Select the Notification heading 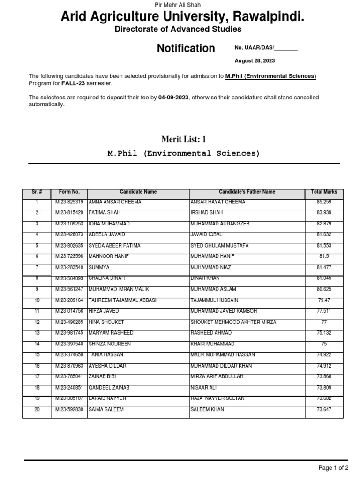coord(186,48)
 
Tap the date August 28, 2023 coord(255,61)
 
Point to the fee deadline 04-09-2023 coord(173,97)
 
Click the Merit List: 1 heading coord(184,139)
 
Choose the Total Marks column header coord(324,192)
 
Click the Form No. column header coord(69,192)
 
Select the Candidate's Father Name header coord(247,192)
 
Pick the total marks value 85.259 coord(324,202)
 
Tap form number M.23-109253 coord(69,224)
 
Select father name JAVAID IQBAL coord(206,235)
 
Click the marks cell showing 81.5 coord(324,256)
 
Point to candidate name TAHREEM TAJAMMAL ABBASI coord(122,300)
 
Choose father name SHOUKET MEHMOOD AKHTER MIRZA coord(233,322)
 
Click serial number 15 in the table coord(37,355)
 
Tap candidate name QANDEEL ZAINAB coord(109,388)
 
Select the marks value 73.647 coord(324,410)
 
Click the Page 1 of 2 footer coord(333,468)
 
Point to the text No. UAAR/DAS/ coord(255,48)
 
